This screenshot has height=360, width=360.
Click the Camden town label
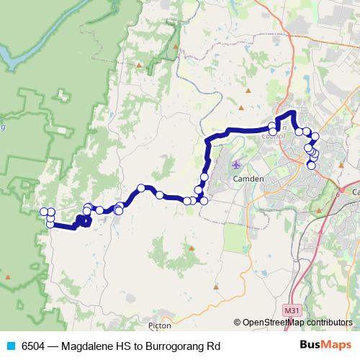click(x=250, y=178)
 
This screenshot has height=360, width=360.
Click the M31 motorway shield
click(x=292, y=310)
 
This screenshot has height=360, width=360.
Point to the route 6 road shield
click(x=336, y=192)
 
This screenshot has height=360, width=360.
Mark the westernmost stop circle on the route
click(x=44, y=212)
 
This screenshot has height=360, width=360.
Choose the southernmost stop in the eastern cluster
click(x=311, y=166)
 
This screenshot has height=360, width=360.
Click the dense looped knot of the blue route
click(x=82, y=220)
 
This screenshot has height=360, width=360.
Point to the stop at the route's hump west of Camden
click(x=143, y=189)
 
